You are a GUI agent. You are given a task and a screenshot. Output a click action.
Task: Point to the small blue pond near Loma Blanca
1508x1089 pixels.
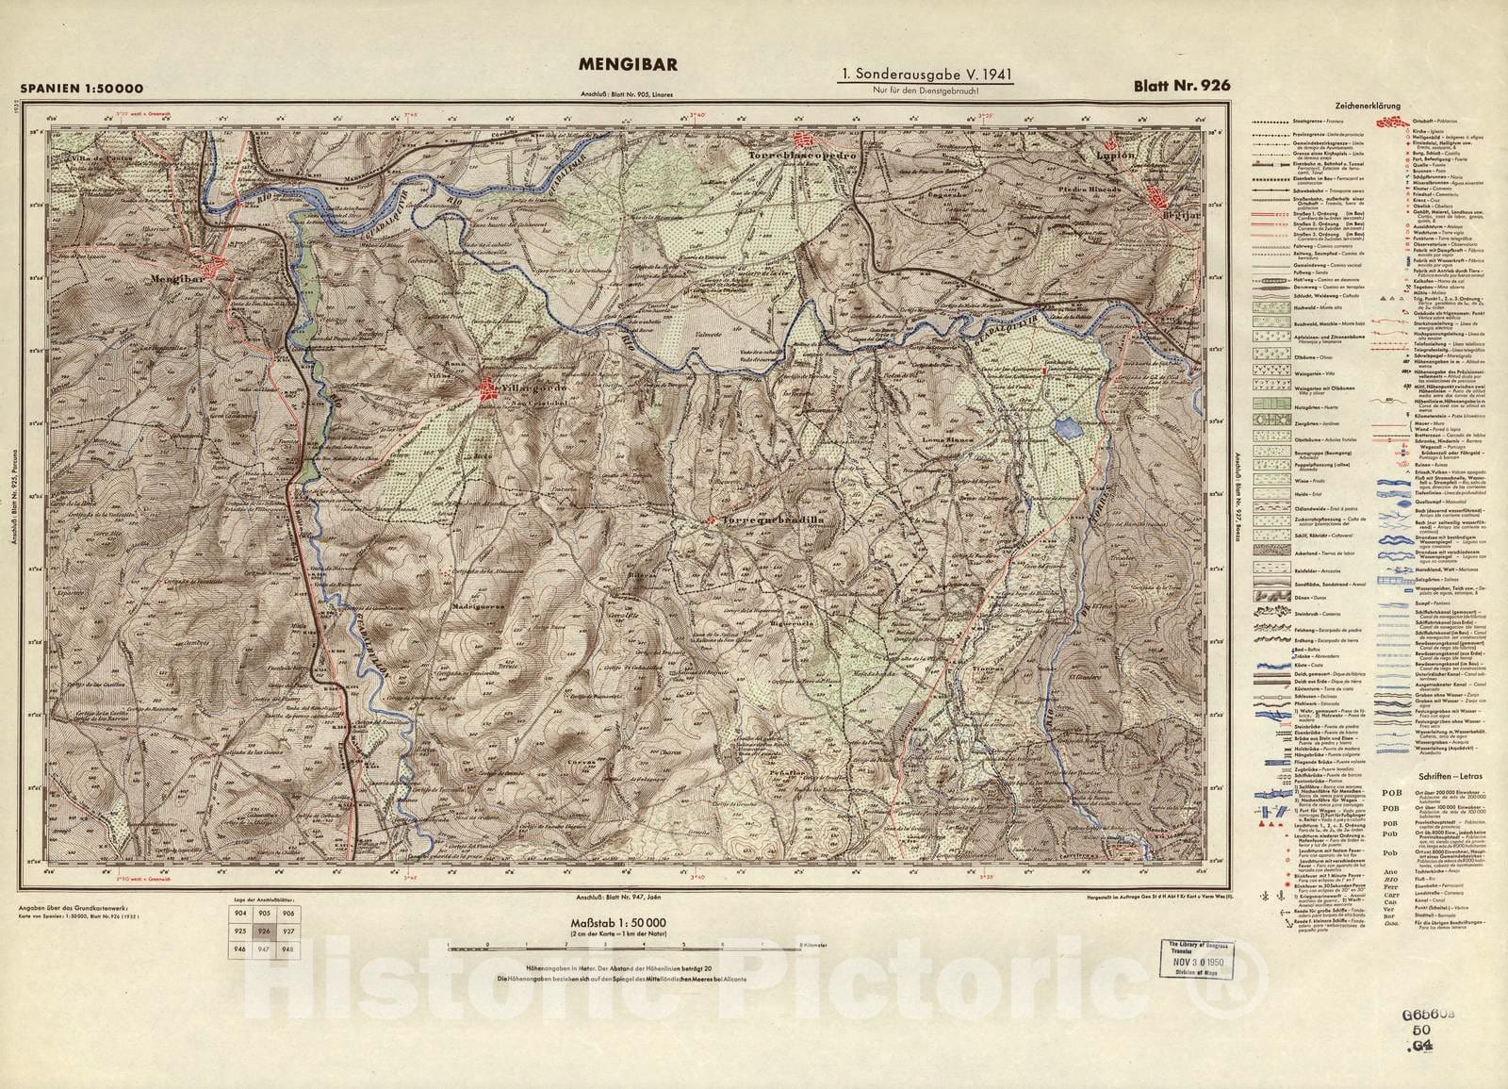coord(1065,429)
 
